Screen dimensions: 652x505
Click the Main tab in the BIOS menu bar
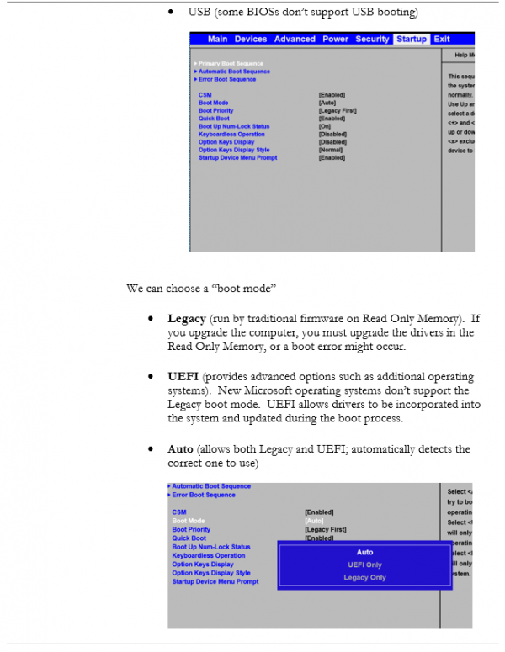(x=217, y=39)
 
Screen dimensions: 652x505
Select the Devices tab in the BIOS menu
(x=250, y=39)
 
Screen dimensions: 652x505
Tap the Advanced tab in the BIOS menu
(x=295, y=39)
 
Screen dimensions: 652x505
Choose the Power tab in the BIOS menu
(x=335, y=39)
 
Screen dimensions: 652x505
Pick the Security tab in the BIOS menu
(x=372, y=39)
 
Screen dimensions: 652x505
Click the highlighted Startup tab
(x=412, y=39)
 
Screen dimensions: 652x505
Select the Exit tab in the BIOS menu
(x=442, y=39)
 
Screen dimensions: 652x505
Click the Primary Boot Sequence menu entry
(x=231, y=64)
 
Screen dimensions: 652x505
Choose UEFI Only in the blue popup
(x=364, y=565)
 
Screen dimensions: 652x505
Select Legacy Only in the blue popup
(x=364, y=577)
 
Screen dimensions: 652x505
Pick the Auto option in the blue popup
(x=364, y=552)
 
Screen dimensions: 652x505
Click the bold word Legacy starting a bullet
(x=186, y=319)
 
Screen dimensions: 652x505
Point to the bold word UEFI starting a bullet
(x=182, y=377)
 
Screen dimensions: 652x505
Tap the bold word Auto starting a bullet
(x=180, y=449)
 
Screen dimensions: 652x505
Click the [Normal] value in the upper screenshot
(x=331, y=150)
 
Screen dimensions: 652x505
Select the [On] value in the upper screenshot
(x=324, y=126)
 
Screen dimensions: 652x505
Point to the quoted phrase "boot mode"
(x=244, y=289)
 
